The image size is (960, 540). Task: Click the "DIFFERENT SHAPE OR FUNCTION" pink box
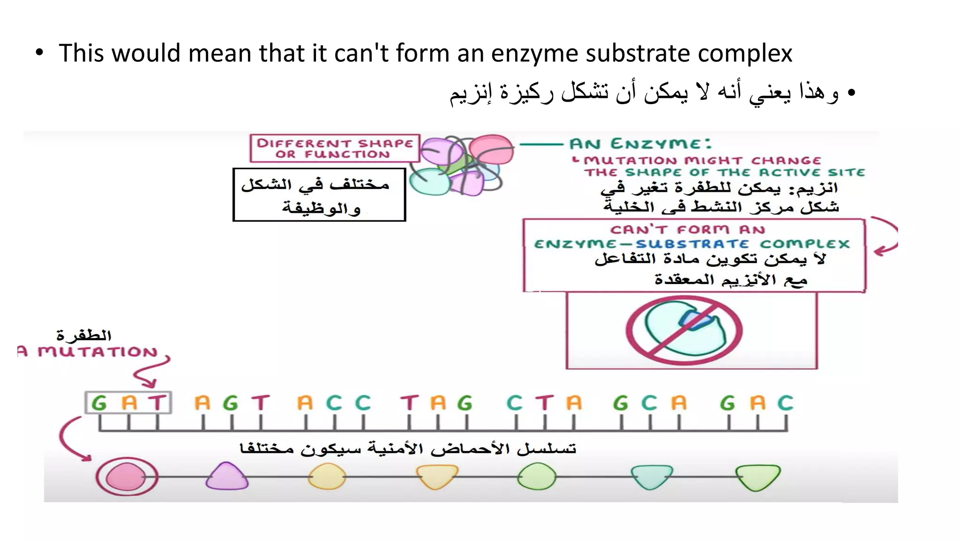click(x=335, y=149)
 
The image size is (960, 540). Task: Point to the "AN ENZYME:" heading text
click(x=640, y=143)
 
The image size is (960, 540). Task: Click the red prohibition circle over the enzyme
click(x=684, y=330)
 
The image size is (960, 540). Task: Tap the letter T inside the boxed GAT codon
click(x=157, y=403)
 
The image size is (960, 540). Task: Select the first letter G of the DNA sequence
click(x=99, y=403)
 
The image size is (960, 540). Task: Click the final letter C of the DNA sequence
click(x=785, y=403)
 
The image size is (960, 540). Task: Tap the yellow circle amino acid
click(x=327, y=477)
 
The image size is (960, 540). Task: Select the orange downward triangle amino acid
click(x=437, y=476)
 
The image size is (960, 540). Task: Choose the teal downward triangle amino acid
click(x=651, y=476)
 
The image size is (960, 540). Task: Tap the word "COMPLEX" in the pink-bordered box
click(x=804, y=244)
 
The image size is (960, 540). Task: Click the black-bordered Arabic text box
click(x=319, y=195)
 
